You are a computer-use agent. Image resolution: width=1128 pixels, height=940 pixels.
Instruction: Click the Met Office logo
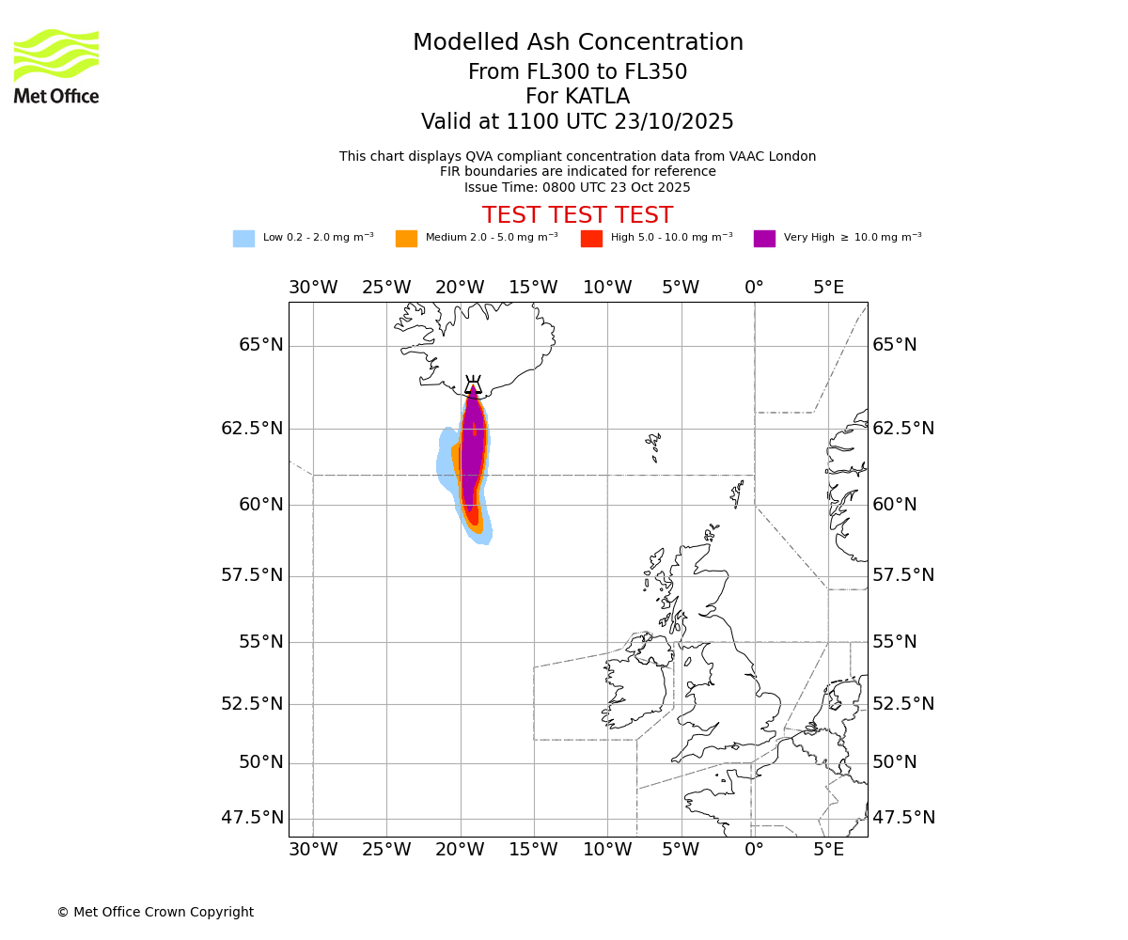click(56, 66)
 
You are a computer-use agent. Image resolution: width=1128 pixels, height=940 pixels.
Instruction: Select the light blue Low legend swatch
click(243, 239)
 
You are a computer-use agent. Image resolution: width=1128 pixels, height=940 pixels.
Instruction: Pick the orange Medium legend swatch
click(406, 239)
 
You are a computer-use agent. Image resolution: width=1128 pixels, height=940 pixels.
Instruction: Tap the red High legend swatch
click(591, 239)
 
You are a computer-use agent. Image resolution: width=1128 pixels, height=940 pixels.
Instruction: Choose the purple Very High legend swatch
click(764, 239)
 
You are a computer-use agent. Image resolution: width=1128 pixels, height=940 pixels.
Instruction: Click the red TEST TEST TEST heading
click(577, 215)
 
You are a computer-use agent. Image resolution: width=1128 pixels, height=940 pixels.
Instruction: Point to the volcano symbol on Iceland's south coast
click(473, 385)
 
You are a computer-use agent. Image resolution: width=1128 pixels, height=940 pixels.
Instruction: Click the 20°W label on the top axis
click(460, 287)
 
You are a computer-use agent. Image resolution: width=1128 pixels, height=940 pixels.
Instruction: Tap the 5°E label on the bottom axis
click(828, 850)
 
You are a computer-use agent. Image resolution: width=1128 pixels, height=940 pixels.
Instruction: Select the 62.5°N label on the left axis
click(252, 429)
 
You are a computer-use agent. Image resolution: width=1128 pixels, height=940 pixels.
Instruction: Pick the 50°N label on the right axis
click(894, 762)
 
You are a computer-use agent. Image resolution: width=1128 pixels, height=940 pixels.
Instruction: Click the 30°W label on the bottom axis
click(313, 850)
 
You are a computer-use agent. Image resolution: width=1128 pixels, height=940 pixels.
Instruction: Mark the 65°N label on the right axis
click(894, 345)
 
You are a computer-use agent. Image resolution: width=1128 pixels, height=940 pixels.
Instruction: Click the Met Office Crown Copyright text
click(155, 912)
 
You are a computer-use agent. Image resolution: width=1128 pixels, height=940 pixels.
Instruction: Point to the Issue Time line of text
click(577, 187)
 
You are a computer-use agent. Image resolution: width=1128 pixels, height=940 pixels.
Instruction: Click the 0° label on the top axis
click(754, 287)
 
